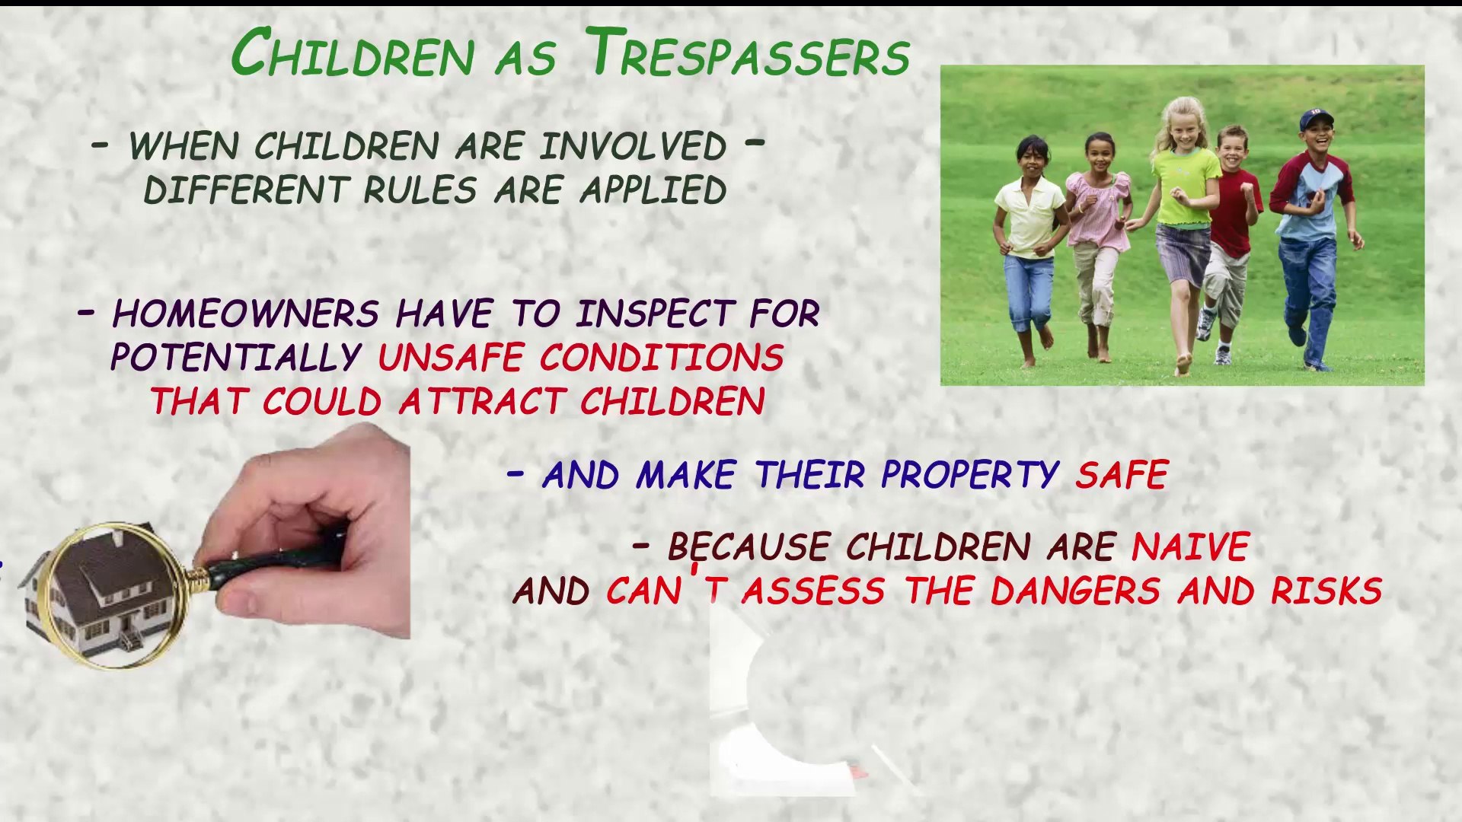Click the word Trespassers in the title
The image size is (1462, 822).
[x=749, y=54]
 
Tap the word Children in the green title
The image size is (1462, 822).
[x=353, y=54]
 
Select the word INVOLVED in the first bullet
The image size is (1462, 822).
[x=632, y=146]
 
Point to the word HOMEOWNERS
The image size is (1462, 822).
[x=245, y=314]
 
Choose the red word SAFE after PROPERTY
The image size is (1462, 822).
[x=1122, y=476]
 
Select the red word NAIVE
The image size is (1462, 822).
[x=1190, y=547]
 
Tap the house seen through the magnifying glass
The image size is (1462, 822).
[x=107, y=594]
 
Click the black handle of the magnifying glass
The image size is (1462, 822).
[x=274, y=562]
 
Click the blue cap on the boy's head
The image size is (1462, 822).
[x=1315, y=119]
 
